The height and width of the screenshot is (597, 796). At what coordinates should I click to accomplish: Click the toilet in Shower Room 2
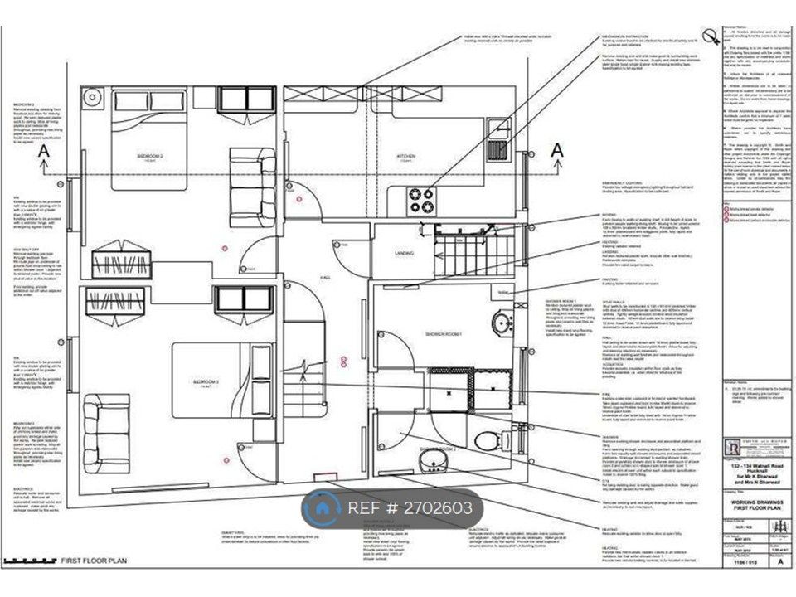[x=496, y=439]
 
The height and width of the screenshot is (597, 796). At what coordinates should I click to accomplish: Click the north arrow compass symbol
[x=710, y=36]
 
